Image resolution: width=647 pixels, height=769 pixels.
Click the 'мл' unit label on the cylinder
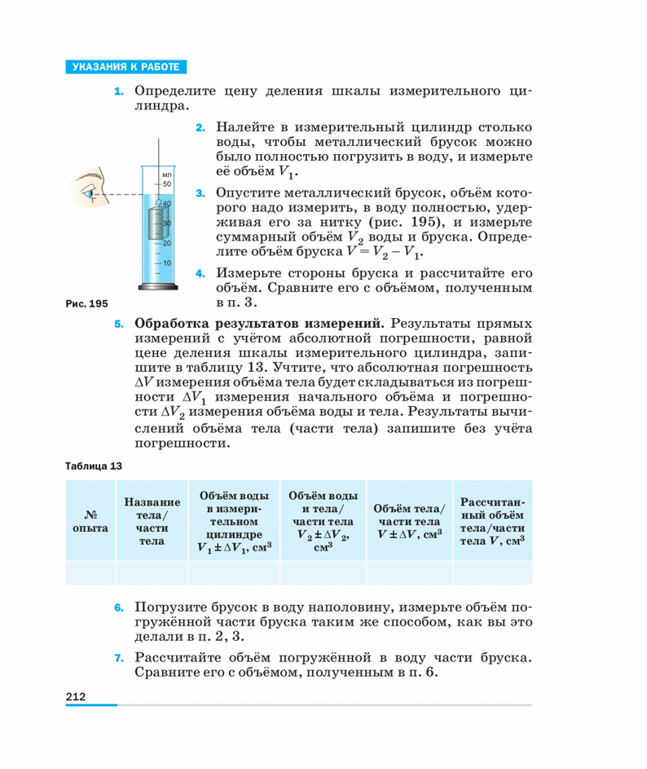pos(167,175)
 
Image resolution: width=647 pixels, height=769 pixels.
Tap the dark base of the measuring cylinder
pos(157,288)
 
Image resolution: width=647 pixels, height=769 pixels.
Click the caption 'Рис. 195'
pos(86,303)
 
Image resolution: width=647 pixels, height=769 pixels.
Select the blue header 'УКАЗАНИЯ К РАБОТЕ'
pos(125,67)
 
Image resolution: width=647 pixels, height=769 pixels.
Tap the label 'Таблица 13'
pos(93,466)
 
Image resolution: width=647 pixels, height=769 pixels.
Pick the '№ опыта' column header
pos(90,521)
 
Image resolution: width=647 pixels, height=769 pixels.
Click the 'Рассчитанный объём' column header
pos(492,521)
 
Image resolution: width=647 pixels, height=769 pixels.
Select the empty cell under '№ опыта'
pos(90,572)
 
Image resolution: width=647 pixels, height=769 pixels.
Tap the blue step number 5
pos(119,324)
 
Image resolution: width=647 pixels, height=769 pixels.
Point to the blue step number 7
pos(119,657)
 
